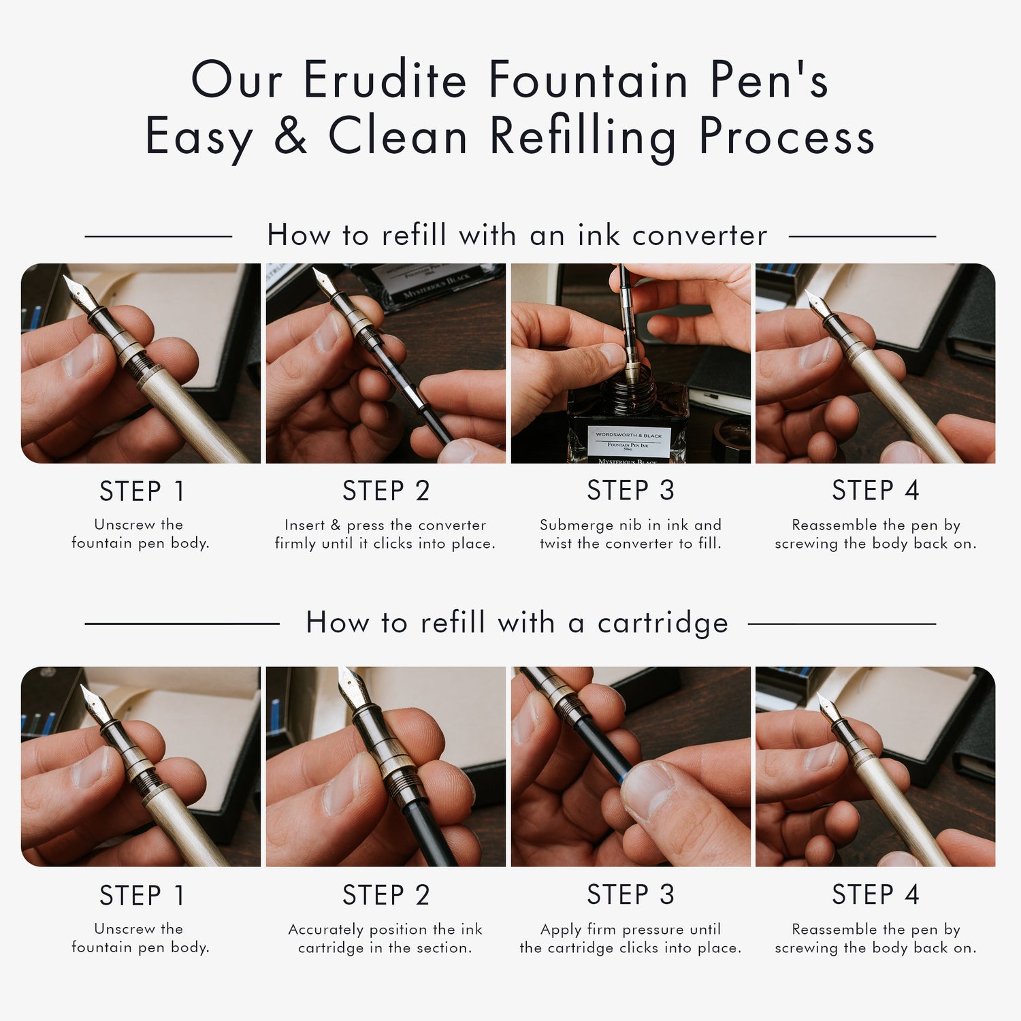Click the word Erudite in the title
click(x=385, y=80)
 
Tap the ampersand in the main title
click(x=291, y=135)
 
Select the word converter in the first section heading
click(x=699, y=236)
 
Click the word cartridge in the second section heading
click(x=662, y=623)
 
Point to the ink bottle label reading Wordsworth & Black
click(x=628, y=435)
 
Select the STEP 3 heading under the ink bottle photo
click(x=630, y=491)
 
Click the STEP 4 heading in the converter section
click(x=875, y=491)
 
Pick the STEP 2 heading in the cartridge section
click(x=386, y=895)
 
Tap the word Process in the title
click(x=786, y=136)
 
